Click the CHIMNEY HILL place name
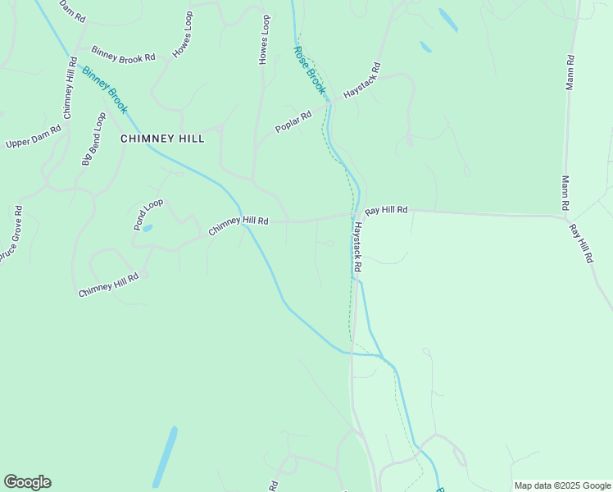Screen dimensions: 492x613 click(x=162, y=139)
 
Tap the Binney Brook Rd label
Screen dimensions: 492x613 click(x=123, y=55)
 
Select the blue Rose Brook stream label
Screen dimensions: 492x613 click(x=310, y=70)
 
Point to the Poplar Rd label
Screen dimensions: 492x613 click(x=293, y=122)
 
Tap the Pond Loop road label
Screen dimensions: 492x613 click(x=148, y=214)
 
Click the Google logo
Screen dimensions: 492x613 click(x=27, y=482)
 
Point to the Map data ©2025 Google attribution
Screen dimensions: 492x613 click(x=561, y=485)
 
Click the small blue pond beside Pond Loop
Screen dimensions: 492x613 click(x=147, y=228)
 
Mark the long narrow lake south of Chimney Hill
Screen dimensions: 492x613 click(x=164, y=457)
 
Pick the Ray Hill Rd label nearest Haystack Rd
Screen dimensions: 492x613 click(x=386, y=211)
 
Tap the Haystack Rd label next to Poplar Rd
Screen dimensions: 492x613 click(x=363, y=80)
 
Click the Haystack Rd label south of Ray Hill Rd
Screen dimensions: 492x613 click(x=357, y=248)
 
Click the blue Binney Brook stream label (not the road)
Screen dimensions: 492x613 click(x=104, y=89)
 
